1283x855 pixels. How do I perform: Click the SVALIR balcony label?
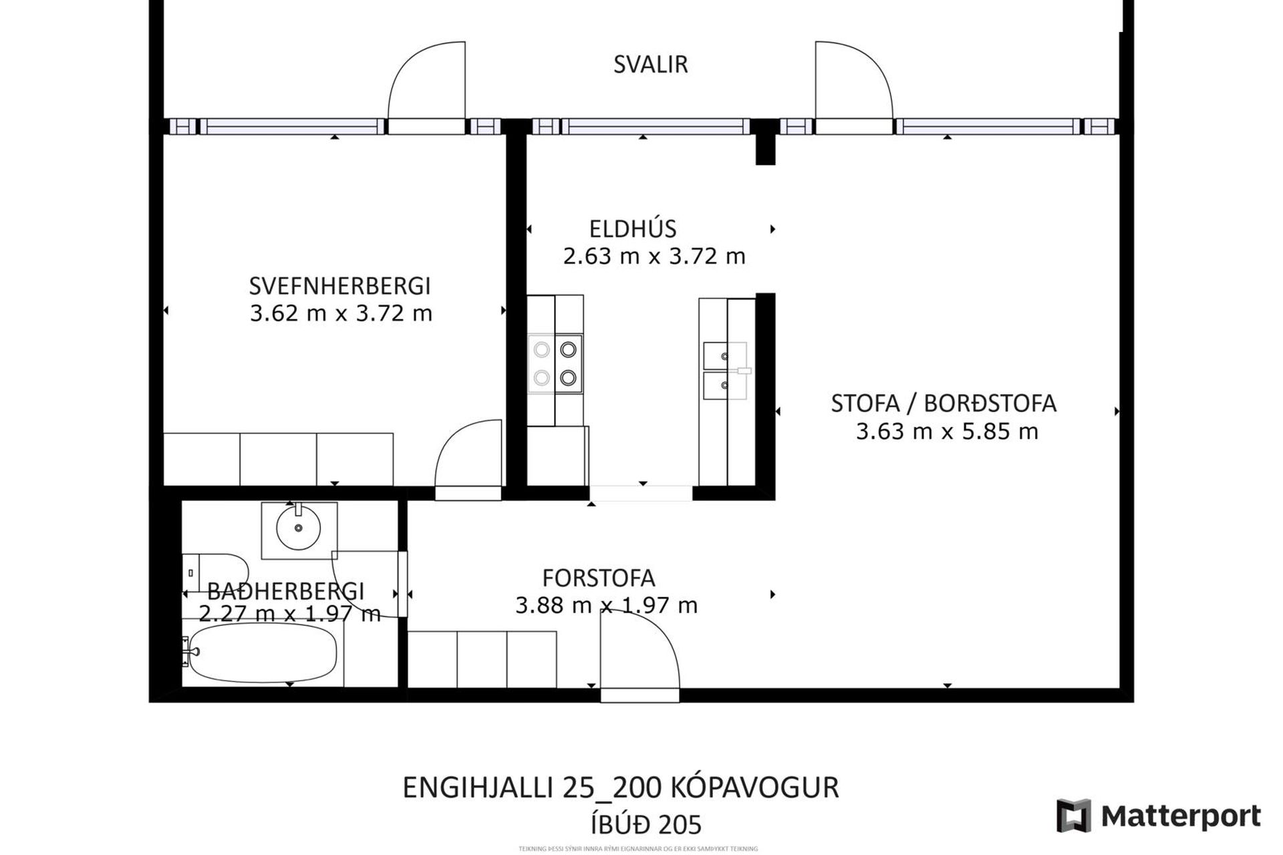pyautogui.click(x=650, y=65)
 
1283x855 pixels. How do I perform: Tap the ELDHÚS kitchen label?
pyautogui.click(x=632, y=229)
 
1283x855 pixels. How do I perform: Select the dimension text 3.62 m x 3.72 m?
pyautogui.click(x=341, y=313)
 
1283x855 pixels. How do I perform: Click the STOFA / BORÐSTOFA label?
pyautogui.click(x=943, y=403)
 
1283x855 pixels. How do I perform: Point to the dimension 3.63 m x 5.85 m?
pyautogui.click(x=946, y=432)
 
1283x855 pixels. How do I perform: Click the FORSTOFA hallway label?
pyautogui.click(x=598, y=578)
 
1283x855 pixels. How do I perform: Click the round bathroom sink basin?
pyautogui.click(x=298, y=528)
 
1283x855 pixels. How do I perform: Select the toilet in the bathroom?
pyautogui.click(x=214, y=572)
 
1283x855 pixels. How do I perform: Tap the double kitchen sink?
pyautogui.click(x=725, y=371)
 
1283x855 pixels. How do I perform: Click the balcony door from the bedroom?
pyautogui.click(x=426, y=83)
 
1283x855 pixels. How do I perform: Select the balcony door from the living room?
pyautogui.click(x=853, y=83)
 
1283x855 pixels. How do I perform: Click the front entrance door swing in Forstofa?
pyautogui.click(x=639, y=651)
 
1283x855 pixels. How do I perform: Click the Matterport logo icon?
pyautogui.click(x=1073, y=816)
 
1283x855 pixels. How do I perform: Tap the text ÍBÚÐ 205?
pyautogui.click(x=646, y=825)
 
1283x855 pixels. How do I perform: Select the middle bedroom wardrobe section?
pyautogui.click(x=278, y=459)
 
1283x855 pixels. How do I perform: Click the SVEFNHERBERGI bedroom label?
pyautogui.click(x=339, y=286)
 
